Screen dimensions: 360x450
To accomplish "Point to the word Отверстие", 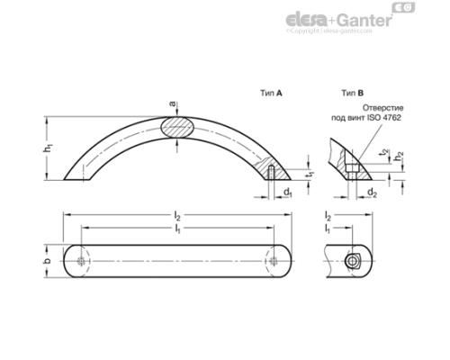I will [395, 107].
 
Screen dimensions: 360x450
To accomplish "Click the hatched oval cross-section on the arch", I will [177, 128].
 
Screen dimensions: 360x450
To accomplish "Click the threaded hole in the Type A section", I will [270, 171].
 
